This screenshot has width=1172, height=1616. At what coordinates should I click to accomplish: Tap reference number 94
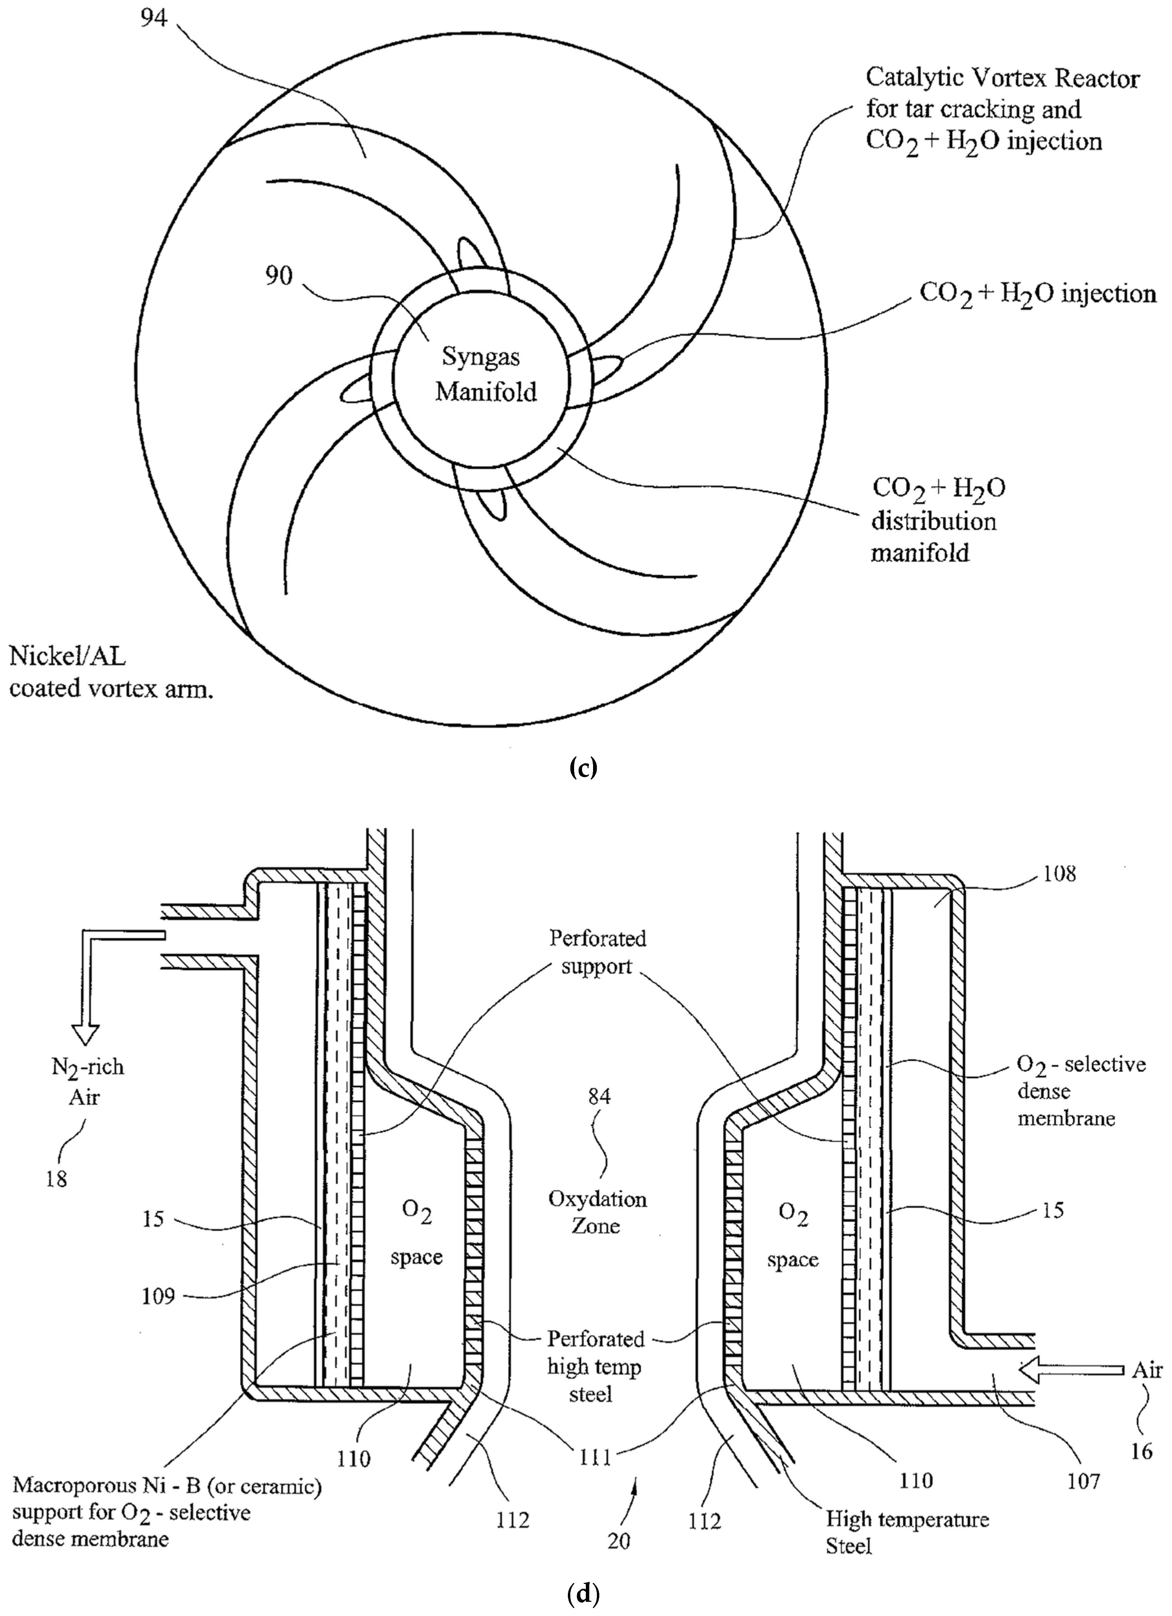pos(153,18)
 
